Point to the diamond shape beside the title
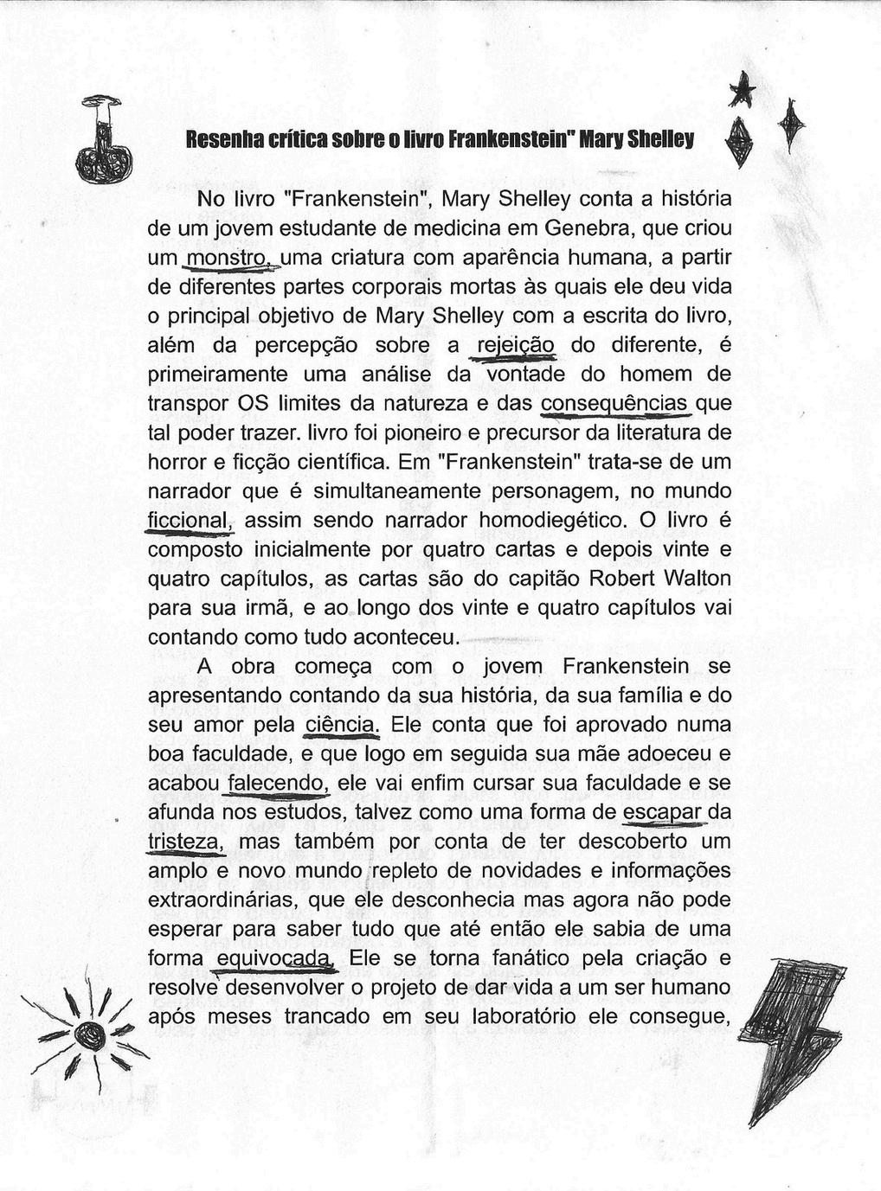[737, 143]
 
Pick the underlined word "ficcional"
[190, 521]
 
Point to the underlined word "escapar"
[662, 812]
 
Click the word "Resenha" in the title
[215, 139]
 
